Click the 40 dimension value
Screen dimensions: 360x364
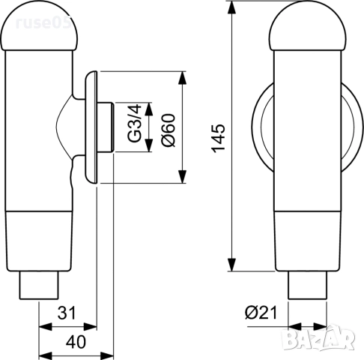75,342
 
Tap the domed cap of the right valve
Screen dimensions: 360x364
307,26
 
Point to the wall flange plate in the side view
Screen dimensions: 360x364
91,127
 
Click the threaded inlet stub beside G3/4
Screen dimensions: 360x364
107,127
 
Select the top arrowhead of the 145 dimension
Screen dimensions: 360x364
233,7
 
